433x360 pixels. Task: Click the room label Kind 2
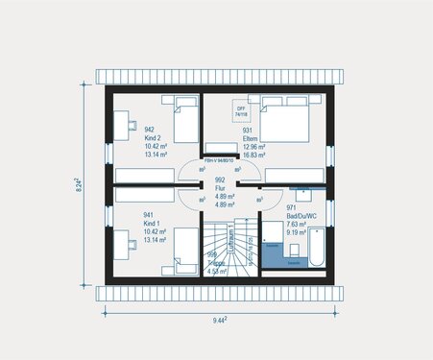click(151, 136)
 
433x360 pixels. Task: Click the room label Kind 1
click(151, 224)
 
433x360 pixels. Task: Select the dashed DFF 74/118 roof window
click(240, 111)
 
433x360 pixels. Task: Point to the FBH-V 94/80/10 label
click(221, 159)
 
